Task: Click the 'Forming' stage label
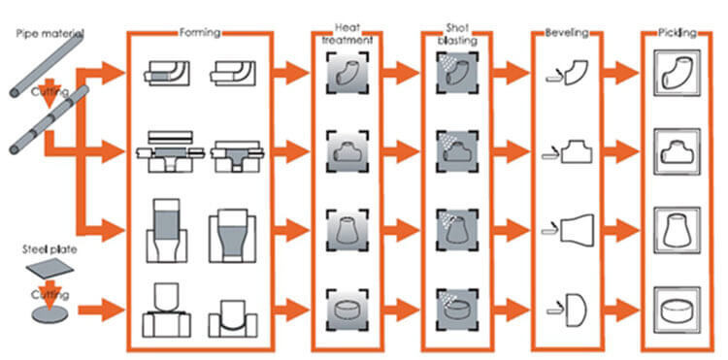click(x=200, y=33)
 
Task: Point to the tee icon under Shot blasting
click(x=453, y=150)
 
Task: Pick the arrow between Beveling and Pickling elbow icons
click(x=618, y=73)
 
